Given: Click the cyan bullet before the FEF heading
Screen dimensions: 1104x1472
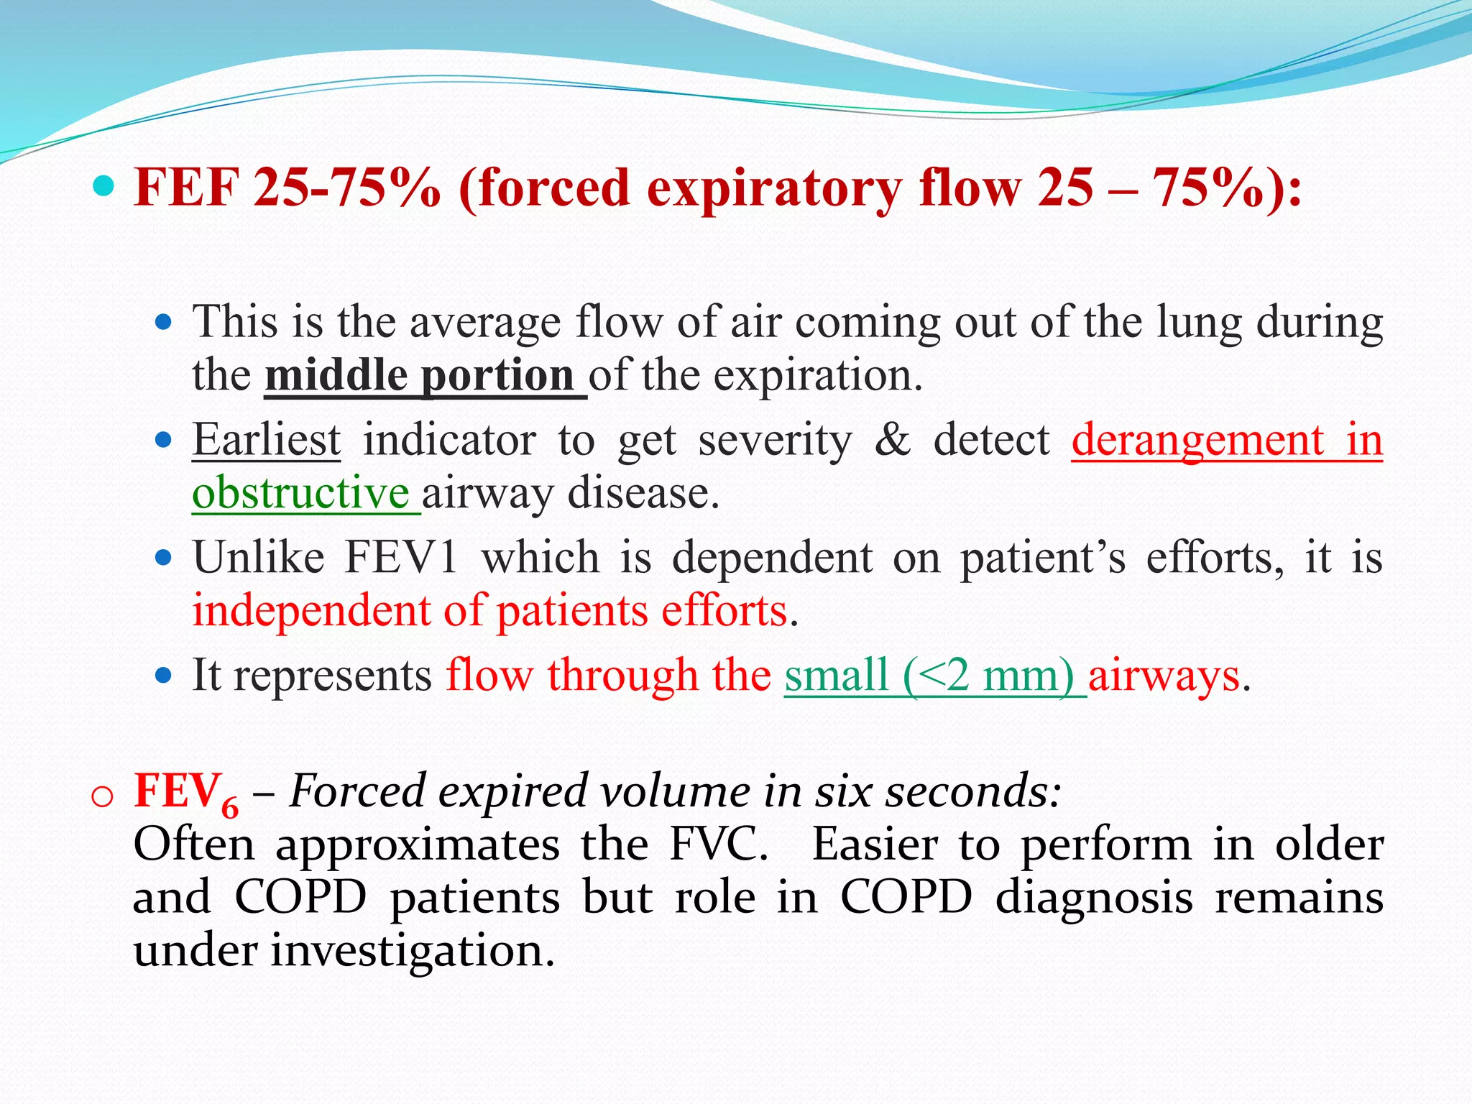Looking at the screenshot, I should click(103, 187).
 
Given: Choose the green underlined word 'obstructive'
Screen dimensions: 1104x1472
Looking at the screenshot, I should click(300, 494).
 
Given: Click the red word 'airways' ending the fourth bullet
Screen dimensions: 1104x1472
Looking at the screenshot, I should click(1164, 676).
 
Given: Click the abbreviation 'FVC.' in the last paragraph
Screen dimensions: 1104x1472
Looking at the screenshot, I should click(719, 845).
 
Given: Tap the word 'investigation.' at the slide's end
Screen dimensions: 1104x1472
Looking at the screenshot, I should click(413, 951).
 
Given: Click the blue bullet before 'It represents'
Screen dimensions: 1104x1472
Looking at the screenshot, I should click(165, 676).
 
